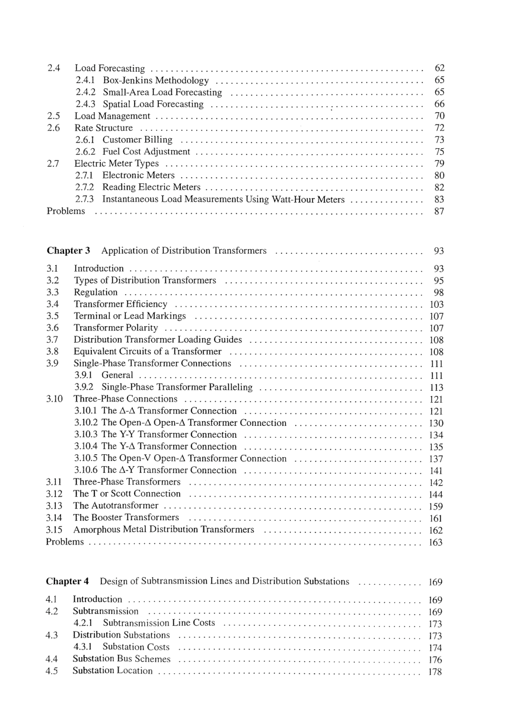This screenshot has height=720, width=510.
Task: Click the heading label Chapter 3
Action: pos(68,250)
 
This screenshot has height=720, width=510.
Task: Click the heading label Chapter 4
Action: pos(67,581)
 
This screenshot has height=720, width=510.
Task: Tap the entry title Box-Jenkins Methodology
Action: pos(156,81)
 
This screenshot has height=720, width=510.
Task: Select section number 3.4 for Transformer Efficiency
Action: pos(52,304)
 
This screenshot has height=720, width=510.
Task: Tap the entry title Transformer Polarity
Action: pos(116,328)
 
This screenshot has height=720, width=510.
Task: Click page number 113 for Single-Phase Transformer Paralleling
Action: pos(436,387)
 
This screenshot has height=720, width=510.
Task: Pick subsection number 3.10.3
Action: pos(87,435)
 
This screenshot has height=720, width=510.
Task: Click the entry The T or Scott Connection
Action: pos(127,494)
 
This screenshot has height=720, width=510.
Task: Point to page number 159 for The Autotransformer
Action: pos(436,506)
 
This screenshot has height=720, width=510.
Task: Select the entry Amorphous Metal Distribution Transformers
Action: pos(164,530)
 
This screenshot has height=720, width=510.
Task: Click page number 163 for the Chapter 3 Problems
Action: pos(436,542)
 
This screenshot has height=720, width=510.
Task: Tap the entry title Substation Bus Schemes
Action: pos(121,659)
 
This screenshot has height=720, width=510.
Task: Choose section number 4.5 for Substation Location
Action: pos(52,671)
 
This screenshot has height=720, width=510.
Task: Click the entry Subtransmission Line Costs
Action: pos(159,623)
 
